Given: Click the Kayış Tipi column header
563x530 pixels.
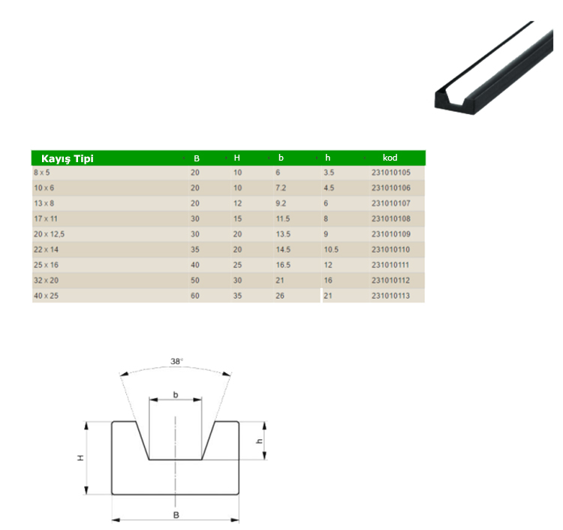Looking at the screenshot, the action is pyautogui.click(x=68, y=158).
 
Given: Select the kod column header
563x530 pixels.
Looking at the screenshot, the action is pyautogui.click(x=390, y=158).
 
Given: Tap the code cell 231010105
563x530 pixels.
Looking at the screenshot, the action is pyautogui.click(x=391, y=173).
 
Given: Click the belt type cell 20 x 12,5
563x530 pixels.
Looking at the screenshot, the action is pyautogui.click(x=50, y=234).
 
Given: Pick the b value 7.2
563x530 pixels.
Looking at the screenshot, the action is pyautogui.click(x=281, y=188).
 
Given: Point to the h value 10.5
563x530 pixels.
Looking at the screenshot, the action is pyautogui.click(x=331, y=250).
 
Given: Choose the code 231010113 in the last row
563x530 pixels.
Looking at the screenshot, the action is pyautogui.click(x=390, y=297).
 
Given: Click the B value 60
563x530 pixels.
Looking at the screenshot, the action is pyautogui.click(x=195, y=297).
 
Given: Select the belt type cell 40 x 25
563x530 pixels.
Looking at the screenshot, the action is pyautogui.click(x=46, y=297).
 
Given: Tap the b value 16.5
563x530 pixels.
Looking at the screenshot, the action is pyautogui.click(x=283, y=265).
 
